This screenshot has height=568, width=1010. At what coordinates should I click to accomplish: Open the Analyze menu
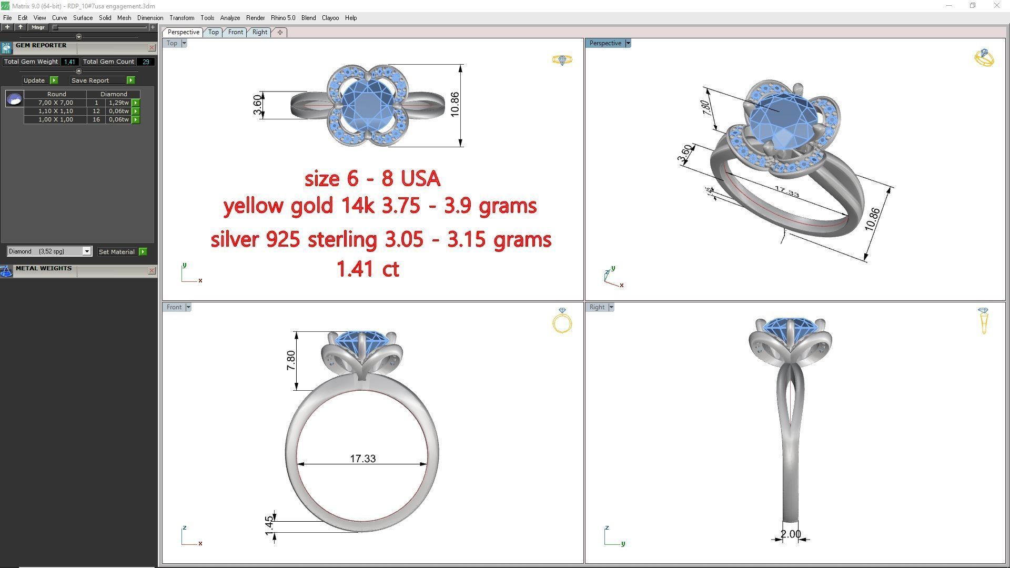[230, 18]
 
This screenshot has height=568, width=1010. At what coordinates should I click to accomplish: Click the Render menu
[255, 18]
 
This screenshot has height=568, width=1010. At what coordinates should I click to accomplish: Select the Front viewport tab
[235, 32]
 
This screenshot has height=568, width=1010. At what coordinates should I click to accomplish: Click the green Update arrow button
[54, 80]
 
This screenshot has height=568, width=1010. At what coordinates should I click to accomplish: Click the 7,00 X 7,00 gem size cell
[55, 103]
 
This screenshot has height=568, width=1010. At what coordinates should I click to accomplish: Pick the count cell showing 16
[96, 119]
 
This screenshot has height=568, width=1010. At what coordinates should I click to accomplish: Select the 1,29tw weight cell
[118, 103]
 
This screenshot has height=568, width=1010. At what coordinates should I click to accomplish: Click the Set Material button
[117, 252]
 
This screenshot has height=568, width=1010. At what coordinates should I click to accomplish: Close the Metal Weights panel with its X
[151, 271]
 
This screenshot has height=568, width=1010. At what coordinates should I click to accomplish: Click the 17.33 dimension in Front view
[362, 459]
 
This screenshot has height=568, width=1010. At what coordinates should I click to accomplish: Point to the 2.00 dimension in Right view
[790, 534]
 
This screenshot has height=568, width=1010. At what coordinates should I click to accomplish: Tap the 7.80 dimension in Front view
[291, 360]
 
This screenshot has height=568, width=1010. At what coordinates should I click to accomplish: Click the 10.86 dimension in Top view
[455, 104]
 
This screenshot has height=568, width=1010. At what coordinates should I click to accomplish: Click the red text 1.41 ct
[368, 269]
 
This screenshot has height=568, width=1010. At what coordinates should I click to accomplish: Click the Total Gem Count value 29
[146, 62]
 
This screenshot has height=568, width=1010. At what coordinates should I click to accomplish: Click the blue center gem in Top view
[367, 105]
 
